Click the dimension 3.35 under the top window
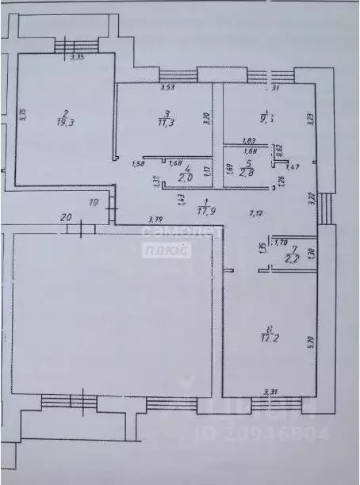click(78, 57)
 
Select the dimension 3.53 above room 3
click(167, 88)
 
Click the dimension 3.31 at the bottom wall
click(270, 390)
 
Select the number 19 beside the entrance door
click(94, 203)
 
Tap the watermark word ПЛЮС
click(167, 250)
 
